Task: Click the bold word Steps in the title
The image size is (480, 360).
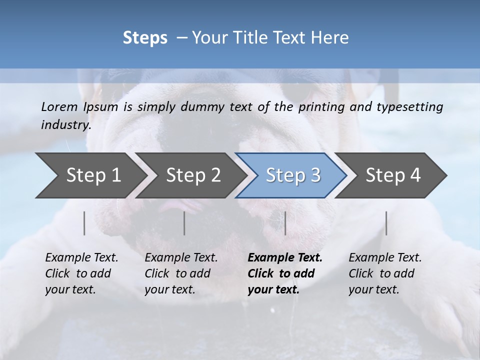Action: pyautogui.click(x=145, y=38)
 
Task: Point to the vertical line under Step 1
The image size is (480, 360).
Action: pyautogui.click(x=84, y=223)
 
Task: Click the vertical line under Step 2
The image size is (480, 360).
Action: pyautogui.click(x=184, y=223)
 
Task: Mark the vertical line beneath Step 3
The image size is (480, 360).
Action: pyautogui.click(x=285, y=223)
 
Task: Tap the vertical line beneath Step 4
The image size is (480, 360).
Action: pyautogui.click(x=386, y=223)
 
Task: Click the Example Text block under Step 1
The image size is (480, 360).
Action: pyautogui.click(x=81, y=273)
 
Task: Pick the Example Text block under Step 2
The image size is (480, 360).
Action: pyautogui.click(x=181, y=273)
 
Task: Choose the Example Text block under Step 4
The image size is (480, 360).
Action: pyautogui.click(x=385, y=273)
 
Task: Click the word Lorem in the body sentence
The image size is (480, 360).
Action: pyautogui.click(x=59, y=107)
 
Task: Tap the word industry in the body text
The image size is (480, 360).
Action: pyautogui.click(x=66, y=124)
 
